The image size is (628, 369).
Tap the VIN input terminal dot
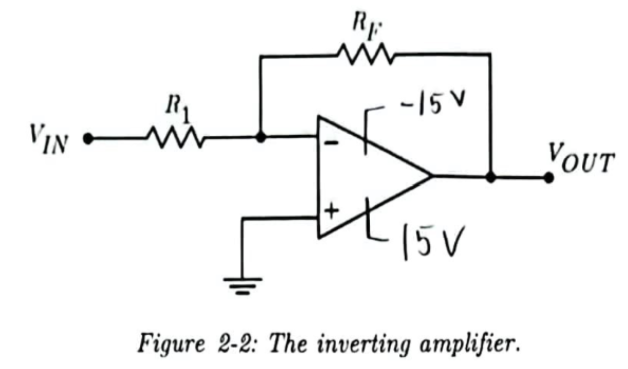pos(88,139)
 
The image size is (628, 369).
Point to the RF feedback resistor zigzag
pos(364,55)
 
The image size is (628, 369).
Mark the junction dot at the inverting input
pos(261,138)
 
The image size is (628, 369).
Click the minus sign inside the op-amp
pos(331,143)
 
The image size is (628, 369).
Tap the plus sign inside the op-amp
pos(332,211)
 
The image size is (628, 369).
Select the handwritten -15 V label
pos(431,105)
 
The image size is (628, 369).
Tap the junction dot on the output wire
pos(490,177)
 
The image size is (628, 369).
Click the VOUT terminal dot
pos(549,178)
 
